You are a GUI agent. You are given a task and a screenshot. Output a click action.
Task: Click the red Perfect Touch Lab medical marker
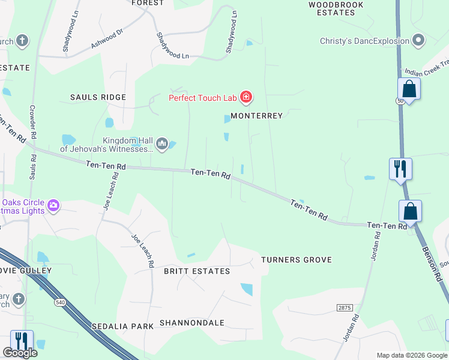(246, 97)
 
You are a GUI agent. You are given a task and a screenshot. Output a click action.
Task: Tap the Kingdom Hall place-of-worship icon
(161, 143)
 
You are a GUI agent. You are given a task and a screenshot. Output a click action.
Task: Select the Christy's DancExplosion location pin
(418, 41)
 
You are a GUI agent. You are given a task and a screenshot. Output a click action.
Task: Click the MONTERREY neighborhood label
(256, 116)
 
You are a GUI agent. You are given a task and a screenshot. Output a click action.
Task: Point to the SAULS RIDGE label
(98, 97)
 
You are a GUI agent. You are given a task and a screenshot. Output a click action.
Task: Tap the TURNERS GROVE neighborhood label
(297, 260)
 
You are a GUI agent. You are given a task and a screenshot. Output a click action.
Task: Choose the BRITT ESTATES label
(197, 271)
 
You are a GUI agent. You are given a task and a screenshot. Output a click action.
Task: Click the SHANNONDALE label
(191, 323)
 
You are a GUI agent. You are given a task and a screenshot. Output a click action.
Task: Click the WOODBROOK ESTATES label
(336, 8)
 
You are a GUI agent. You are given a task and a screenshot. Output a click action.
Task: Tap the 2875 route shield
(344, 307)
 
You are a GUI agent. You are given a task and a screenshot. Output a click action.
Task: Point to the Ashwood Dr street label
(107, 40)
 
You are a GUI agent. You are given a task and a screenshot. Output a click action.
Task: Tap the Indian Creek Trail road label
(427, 70)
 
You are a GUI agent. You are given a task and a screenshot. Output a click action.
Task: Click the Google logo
(20, 353)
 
